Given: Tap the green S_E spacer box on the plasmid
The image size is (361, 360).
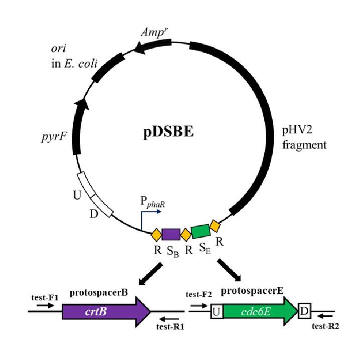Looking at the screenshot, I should pyautogui.click(x=201, y=231).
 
